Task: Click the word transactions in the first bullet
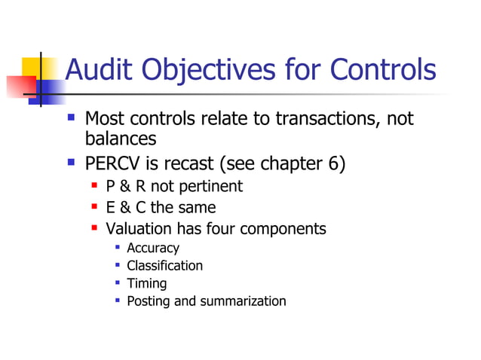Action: click(x=331, y=119)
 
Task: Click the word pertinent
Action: click(x=209, y=187)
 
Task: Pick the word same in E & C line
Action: click(x=198, y=207)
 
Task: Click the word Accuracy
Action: click(x=153, y=248)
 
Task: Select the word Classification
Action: click(x=164, y=265)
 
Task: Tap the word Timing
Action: click(x=146, y=284)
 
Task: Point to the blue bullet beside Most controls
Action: click(x=71, y=117)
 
